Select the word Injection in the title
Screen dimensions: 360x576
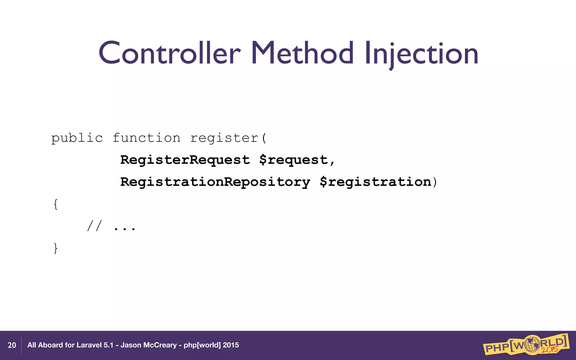click(x=421, y=53)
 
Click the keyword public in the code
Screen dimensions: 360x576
click(x=77, y=138)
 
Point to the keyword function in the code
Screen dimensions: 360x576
click(x=146, y=138)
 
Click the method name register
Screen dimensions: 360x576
click(x=224, y=138)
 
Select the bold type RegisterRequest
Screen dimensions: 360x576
click(x=185, y=160)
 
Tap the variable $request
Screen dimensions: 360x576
click(x=294, y=160)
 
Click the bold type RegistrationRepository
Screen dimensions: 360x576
click(x=215, y=182)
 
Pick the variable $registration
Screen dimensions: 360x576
click(x=376, y=182)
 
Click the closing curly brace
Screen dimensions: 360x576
click(x=56, y=248)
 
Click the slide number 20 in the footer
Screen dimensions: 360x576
click(x=12, y=345)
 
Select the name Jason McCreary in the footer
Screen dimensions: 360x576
click(x=148, y=345)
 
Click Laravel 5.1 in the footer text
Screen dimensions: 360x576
click(x=95, y=345)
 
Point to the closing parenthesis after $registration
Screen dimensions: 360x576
click(x=435, y=182)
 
